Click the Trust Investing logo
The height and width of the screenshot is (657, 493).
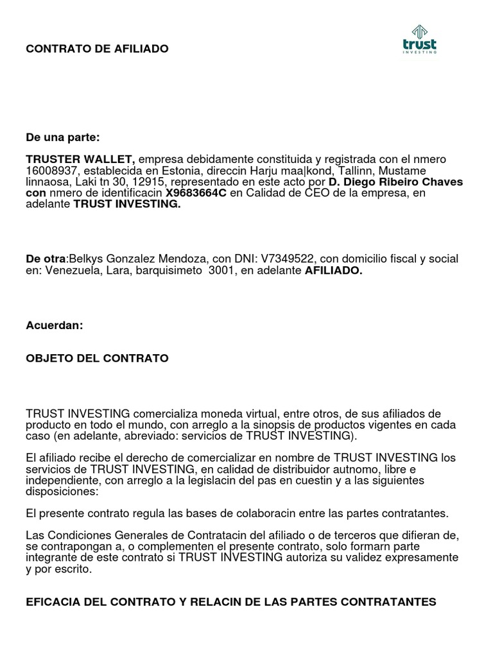[419, 40]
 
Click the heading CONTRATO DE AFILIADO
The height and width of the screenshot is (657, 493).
[97, 49]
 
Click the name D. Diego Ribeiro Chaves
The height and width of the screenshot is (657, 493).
[395, 182]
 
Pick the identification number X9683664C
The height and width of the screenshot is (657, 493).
[196, 193]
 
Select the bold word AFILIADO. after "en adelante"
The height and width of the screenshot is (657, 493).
[334, 271]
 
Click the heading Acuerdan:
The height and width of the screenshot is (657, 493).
[55, 325]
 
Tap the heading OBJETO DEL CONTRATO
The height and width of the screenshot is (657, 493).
[97, 358]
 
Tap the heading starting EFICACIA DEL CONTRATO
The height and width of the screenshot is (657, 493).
[230, 602]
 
